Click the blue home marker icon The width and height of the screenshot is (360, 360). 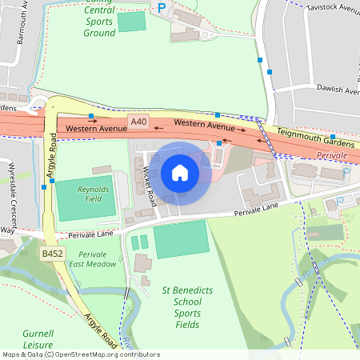[x=180, y=173]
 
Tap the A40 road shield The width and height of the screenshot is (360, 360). [x=138, y=122]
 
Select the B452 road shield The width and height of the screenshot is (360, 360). [x=53, y=254]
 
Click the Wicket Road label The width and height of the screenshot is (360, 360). [x=147, y=189]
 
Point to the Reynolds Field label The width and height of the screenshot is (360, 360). [x=93, y=194]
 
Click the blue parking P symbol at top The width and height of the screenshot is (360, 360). [x=162, y=8]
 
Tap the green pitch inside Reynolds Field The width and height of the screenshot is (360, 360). [x=84, y=202]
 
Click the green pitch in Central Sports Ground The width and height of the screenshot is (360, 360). [x=132, y=22]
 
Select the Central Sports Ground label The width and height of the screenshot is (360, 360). [x=99, y=22]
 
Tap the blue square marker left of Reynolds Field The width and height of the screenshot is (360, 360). [x=44, y=187]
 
